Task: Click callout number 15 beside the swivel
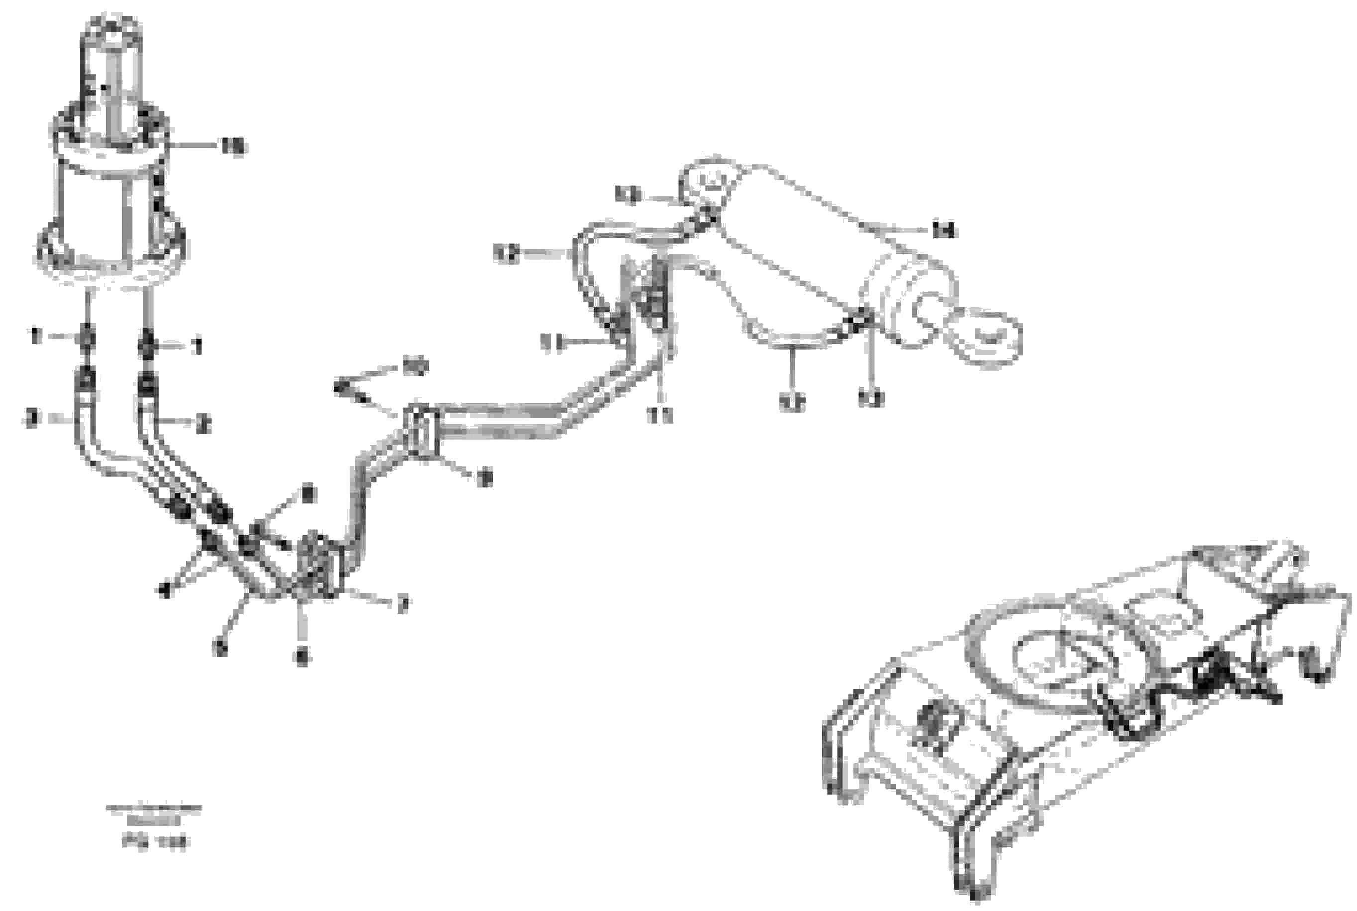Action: click(233, 147)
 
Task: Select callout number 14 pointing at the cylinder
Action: click(944, 231)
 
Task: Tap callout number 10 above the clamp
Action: click(416, 367)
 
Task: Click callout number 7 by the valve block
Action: click(402, 606)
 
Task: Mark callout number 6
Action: click(302, 657)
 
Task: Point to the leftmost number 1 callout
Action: click(36, 336)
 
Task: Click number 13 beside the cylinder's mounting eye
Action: click(628, 195)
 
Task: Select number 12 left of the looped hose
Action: click(506, 253)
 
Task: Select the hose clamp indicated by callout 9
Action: click(423, 431)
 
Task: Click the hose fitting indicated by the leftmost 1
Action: click(86, 337)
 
